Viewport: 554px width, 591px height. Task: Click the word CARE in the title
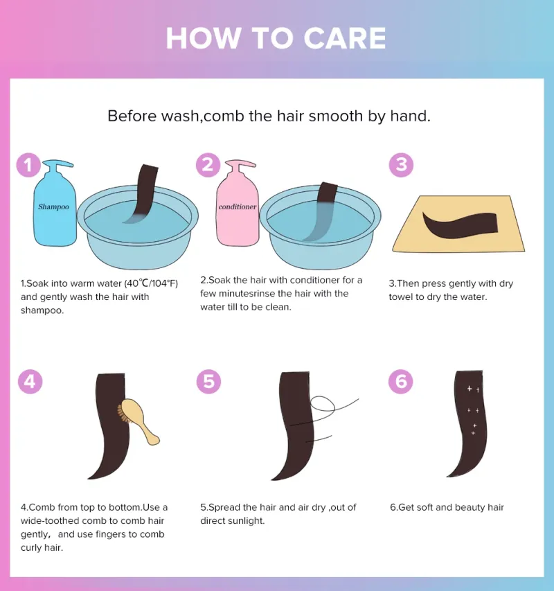pyautogui.click(x=345, y=38)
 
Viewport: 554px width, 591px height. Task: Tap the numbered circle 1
pyautogui.click(x=28, y=165)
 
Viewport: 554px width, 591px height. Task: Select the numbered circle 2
pyautogui.click(x=208, y=165)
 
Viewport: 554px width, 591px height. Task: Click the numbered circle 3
pyautogui.click(x=401, y=165)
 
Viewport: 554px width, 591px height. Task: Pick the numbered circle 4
pyautogui.click(x=30, y=382)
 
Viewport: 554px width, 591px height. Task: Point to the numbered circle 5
pyautogui.click(x=208, y=382)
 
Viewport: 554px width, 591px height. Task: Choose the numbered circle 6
pyautogui.click(x=401, y=382)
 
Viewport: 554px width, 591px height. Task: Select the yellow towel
pyautogui.click(x=458, y=224)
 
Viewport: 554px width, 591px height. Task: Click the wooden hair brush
pyautogui.click(x=138, y=421)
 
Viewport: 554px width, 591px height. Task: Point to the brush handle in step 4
pyautogui.click(x=151, y=434)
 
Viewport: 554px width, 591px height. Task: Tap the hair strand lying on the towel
pyautogui.click(x=460, y=225)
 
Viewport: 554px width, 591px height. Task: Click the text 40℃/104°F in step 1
pyautogui.click(x=151, y=283)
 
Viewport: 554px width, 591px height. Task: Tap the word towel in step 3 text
pyautogui.click(x=400, y=297)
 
